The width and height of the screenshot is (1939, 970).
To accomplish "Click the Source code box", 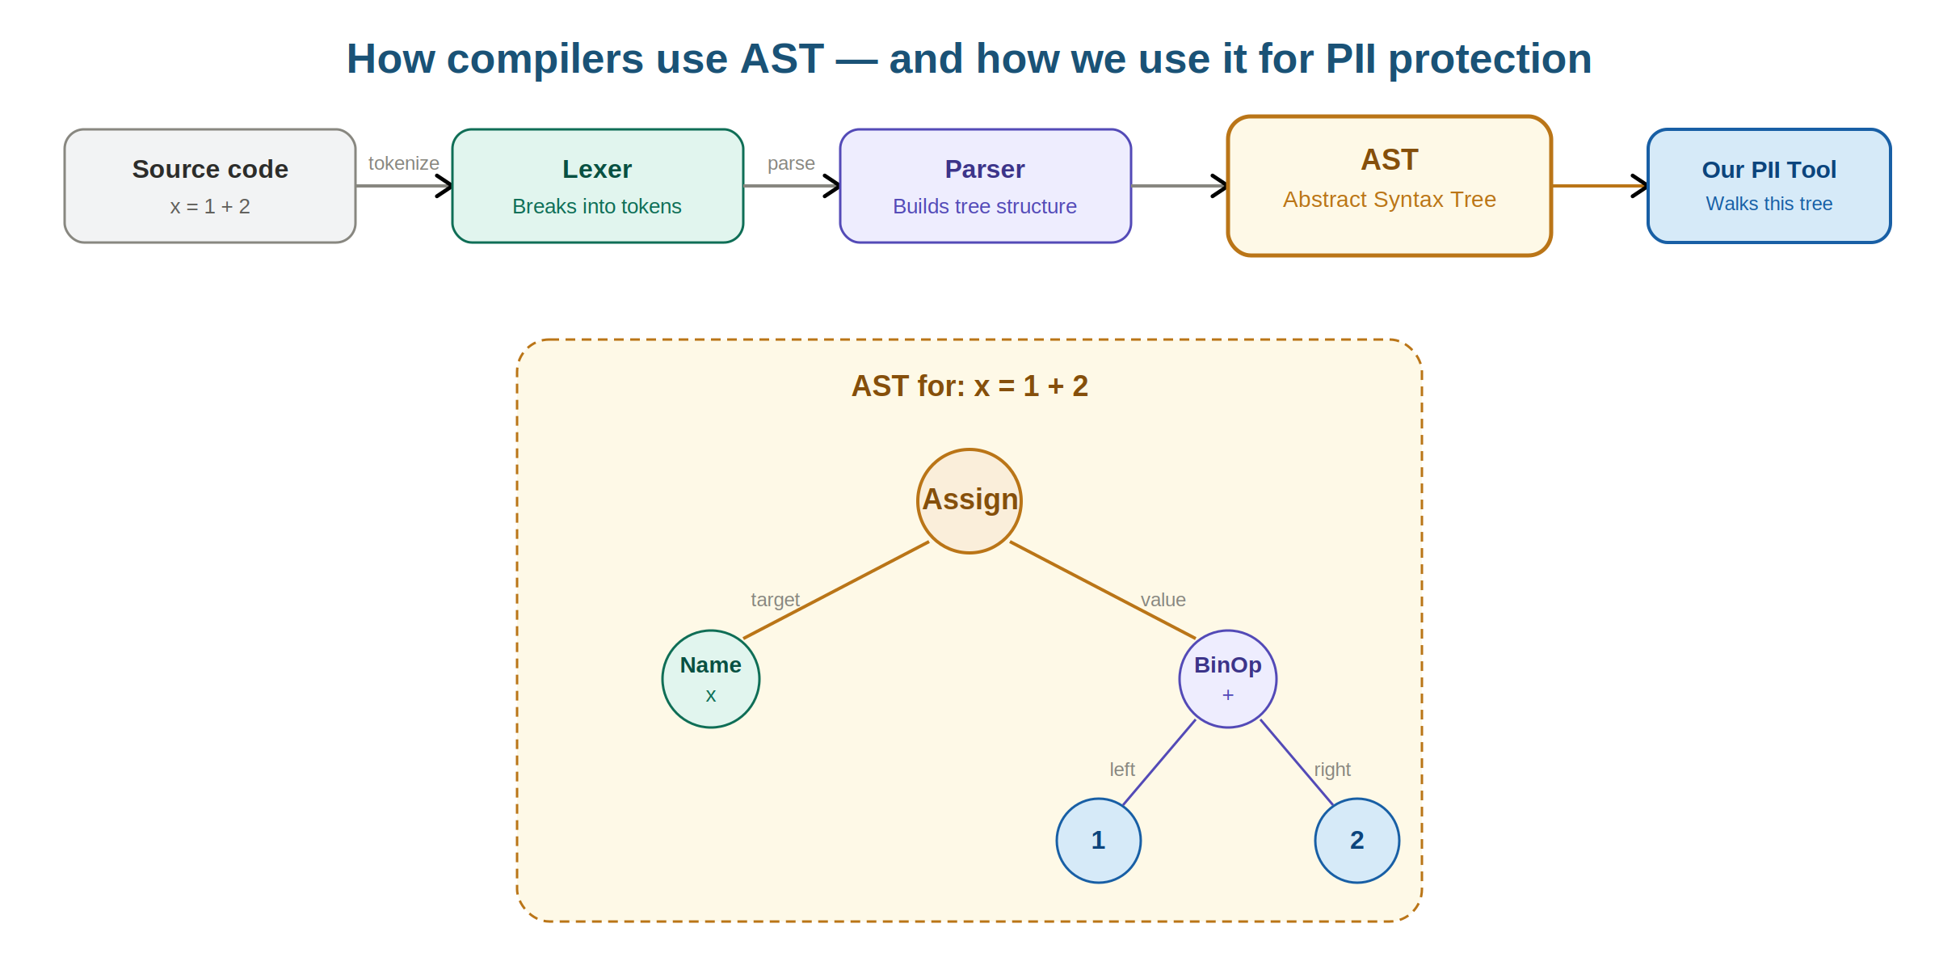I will click(210, 186).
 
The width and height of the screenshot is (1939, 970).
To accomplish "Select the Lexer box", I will click(597, 186).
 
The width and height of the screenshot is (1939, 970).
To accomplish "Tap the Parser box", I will click(985, 186).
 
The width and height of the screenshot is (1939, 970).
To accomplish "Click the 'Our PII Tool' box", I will click(1769, 186).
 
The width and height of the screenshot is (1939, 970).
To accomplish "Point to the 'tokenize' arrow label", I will click(403, 163).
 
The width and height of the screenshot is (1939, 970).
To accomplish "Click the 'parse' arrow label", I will click(791, 163).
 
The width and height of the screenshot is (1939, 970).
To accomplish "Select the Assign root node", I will click(969, 500).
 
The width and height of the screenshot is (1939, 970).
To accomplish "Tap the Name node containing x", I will click(710, 679).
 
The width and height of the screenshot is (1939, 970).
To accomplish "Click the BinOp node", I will click(1227, 679).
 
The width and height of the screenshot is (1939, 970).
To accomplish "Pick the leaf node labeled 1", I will click(1098, 841).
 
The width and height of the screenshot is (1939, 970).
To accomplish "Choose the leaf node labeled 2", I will click(1356, 841).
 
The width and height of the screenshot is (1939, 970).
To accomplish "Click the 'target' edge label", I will click(775, 600).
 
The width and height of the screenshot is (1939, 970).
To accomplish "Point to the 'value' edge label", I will click(1163, 600).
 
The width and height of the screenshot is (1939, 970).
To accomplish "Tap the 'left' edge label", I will click(1121, 770).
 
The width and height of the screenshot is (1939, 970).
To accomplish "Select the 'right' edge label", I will click(1331, 770).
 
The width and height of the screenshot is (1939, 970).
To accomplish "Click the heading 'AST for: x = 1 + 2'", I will click(969, 386).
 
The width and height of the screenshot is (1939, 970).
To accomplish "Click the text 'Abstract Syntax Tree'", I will click(1389, 200).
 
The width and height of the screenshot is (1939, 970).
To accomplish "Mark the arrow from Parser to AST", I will click(1179, 186).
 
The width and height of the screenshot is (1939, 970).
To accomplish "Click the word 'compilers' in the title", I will click(545, 59).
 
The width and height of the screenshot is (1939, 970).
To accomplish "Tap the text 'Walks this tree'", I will click(1769, 204).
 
